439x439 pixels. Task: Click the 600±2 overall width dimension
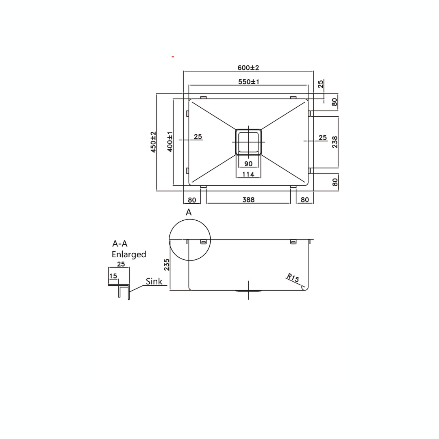(x=248, y=67)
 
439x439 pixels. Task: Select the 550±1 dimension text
(x=248, y=82)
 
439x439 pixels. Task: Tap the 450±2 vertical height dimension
(x=153, y=141)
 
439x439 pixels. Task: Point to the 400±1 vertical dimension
(x=170, y=141)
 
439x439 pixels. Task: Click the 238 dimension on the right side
(x=335, y=141)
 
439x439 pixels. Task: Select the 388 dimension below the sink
(x=248, y=200)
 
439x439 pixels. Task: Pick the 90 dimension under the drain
(x=248, y=164)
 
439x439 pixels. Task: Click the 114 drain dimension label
(x=248, y=174)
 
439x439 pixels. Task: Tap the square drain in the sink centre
(x=248, y=142)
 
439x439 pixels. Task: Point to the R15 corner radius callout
(x=293, y=278)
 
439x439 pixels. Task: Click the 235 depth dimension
(x=167, y=265)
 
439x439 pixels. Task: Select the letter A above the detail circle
(x=189, y=212)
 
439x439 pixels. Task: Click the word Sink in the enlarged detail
(x=154, y=281)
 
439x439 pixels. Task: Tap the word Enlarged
(x=129, y=254)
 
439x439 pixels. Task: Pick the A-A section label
(x=120, y=244)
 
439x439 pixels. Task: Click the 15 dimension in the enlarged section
(x=113, y=276)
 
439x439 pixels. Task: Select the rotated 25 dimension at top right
(x=321, y=84)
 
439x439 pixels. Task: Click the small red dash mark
(x=173, y=57)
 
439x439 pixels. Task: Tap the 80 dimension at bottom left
(x=192, y=200)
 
